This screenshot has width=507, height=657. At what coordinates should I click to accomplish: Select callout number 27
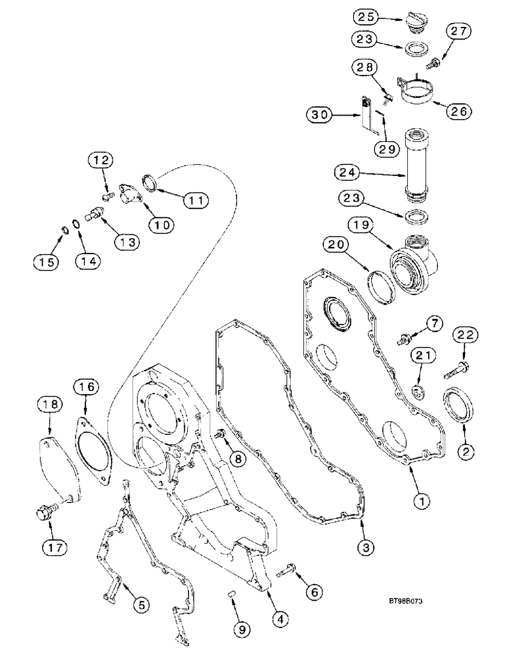[x=459, y=31]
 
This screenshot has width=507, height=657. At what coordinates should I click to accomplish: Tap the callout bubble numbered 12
[x=102, y=160]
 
